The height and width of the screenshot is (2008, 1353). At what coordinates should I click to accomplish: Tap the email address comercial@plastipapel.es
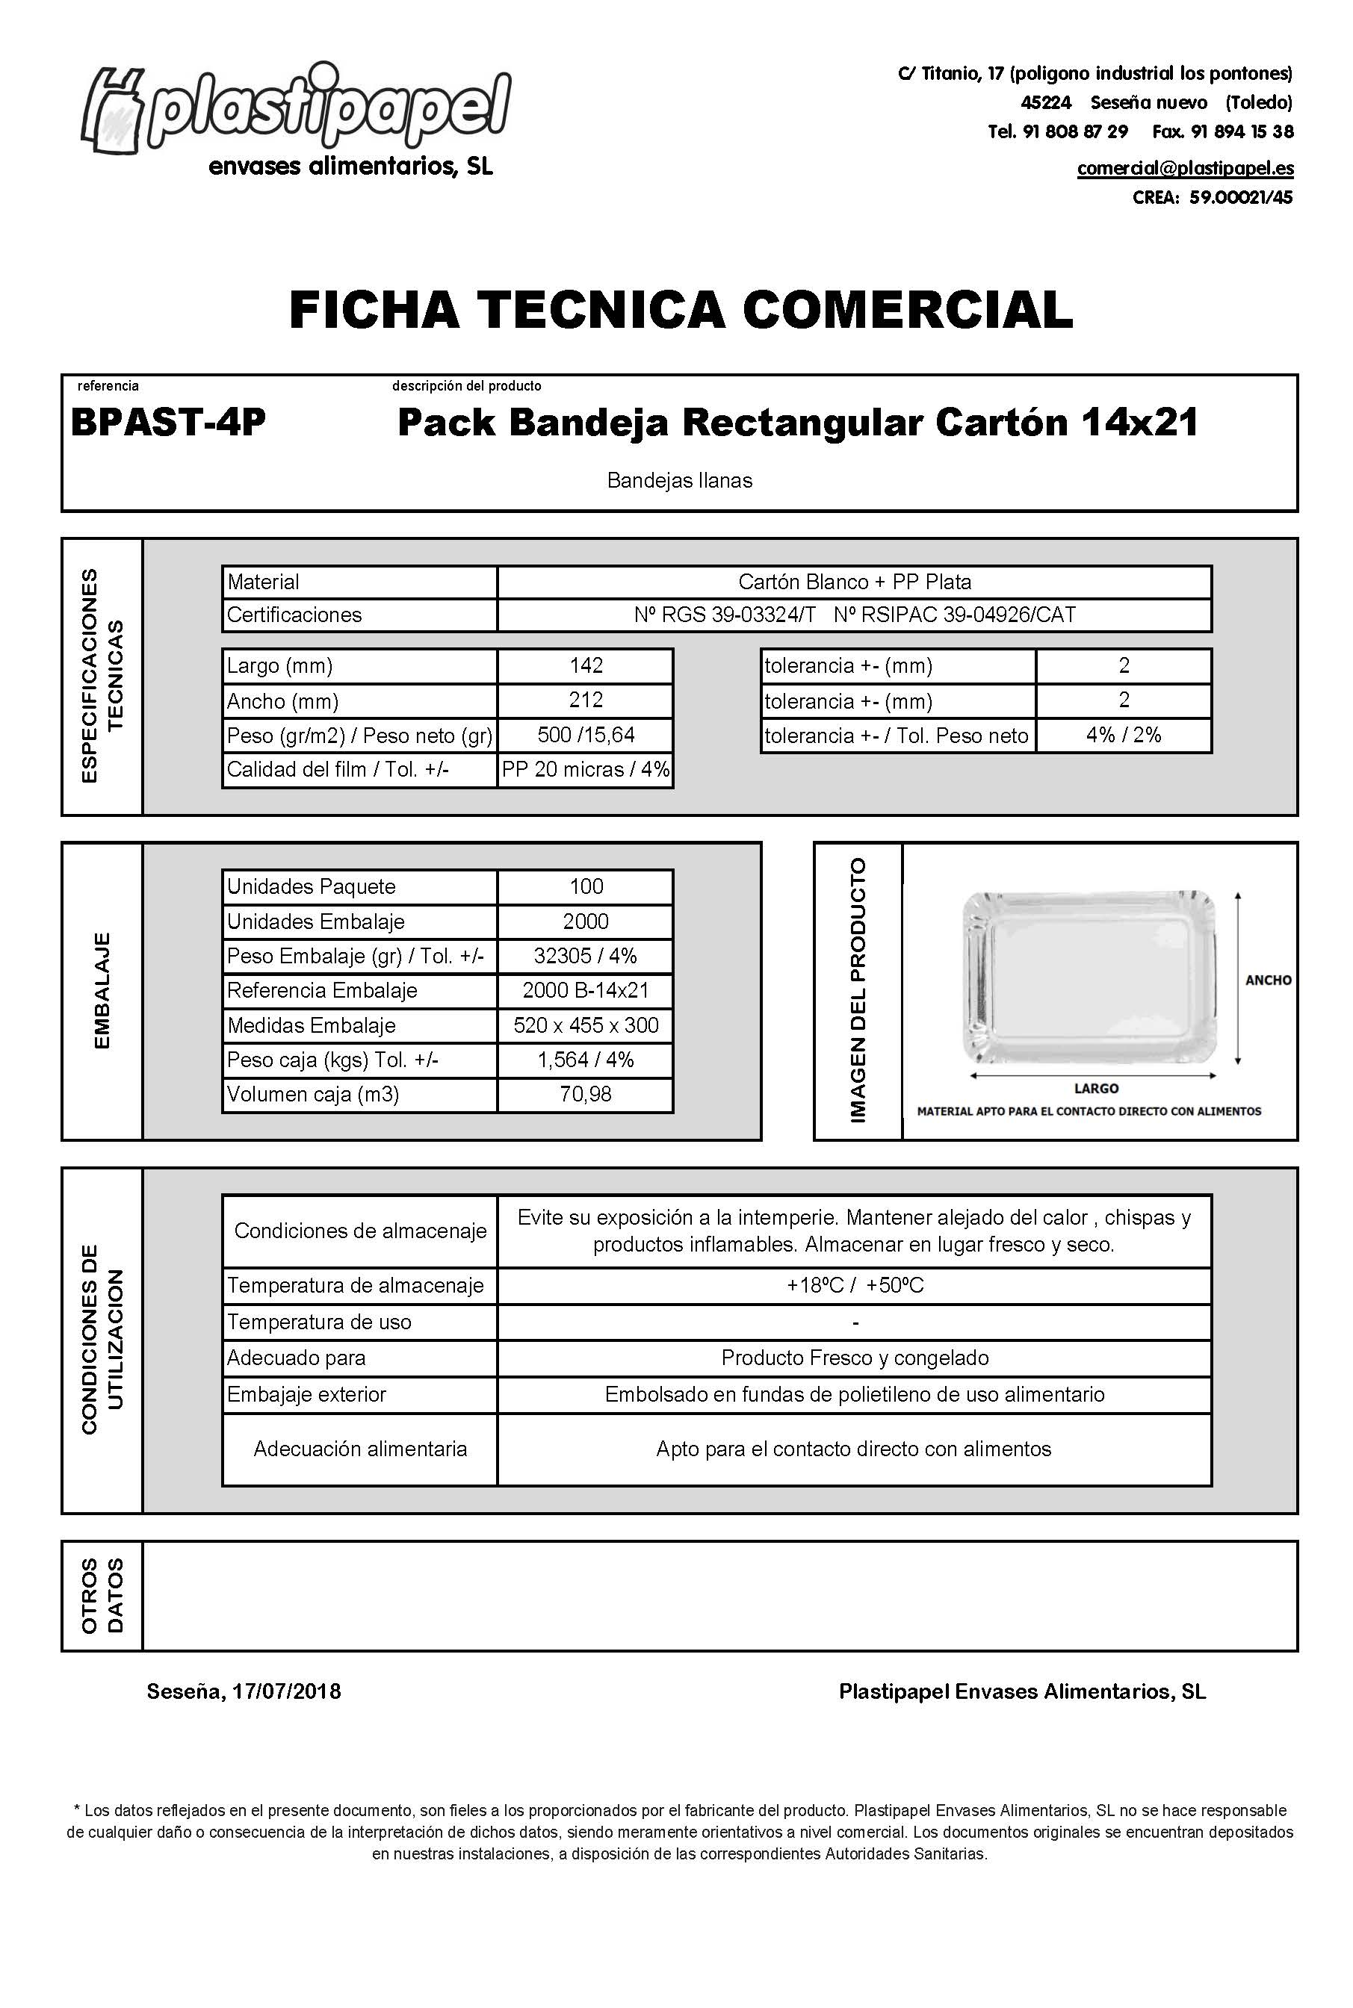tap(1185, 168)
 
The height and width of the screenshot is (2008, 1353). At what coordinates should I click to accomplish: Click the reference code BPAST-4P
tap(168, 423)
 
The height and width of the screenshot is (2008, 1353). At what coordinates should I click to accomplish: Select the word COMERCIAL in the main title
tap(908, 310)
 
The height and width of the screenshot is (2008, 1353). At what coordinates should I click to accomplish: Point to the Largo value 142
tap(586, 666)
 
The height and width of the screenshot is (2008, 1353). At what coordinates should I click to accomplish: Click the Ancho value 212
tap(586, 700)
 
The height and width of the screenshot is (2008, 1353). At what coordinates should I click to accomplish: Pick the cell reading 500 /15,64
tap(586, 735)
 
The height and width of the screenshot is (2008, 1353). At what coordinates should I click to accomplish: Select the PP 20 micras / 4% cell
tap(586, 769)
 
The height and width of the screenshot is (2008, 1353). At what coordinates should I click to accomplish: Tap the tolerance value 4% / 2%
tap(1124, 735)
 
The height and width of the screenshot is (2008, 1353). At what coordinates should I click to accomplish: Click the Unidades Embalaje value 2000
tap(586, 921)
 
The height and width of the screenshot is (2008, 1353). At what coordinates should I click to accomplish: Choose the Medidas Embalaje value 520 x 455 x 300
tap(586, 1025)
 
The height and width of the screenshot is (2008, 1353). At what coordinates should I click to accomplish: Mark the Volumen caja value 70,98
tap(586, 1094)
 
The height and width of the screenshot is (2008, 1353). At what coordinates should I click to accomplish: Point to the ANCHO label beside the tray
tap(1268, 980)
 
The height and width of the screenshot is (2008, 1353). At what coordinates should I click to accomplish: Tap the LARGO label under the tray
tap(1096, 1089)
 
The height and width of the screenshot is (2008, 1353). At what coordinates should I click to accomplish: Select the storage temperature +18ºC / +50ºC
tap(854, 1285)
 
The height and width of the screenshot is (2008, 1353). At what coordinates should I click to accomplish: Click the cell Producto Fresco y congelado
tap(854, 1358)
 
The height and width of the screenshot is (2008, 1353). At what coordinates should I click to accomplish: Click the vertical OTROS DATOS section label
tap(102, 1595)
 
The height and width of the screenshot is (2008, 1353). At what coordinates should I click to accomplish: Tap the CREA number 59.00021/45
tap(1240, 198)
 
